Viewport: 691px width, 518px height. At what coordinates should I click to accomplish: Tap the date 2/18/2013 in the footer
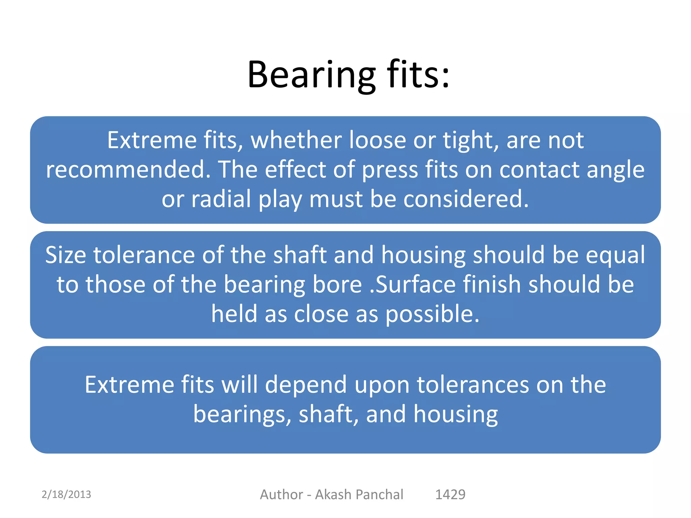click(66, 494)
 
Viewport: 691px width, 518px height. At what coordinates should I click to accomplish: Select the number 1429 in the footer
click(450, 494)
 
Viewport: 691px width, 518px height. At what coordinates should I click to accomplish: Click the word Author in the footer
click(281, 494)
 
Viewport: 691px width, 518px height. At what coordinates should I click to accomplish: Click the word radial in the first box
click(221, 199)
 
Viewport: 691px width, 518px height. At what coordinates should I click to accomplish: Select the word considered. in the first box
click(466, 199)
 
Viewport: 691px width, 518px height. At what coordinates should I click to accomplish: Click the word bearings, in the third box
click(242, 414)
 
